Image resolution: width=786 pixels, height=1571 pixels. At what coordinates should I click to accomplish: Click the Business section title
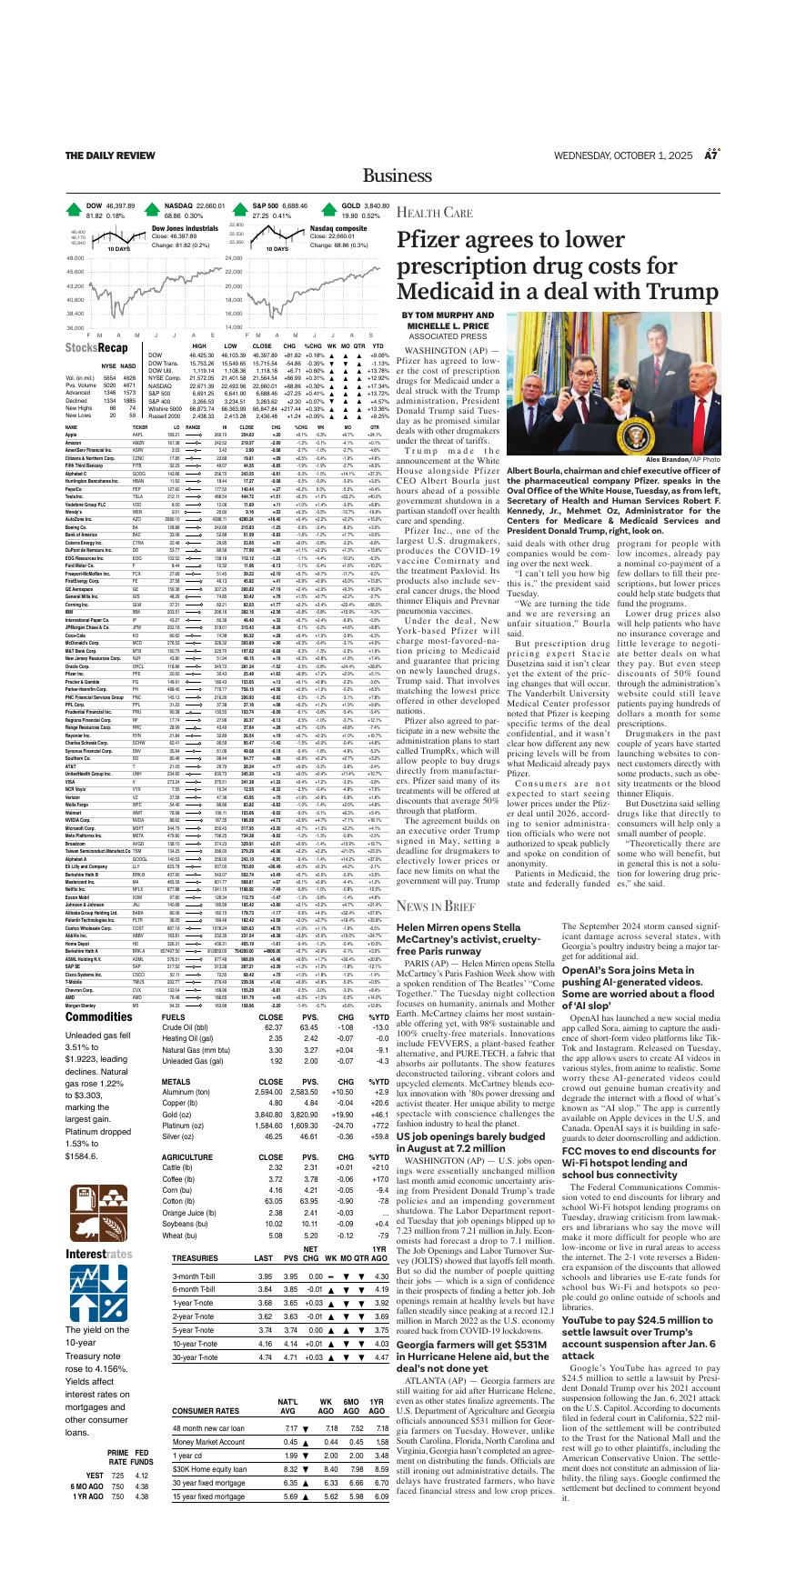393,175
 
